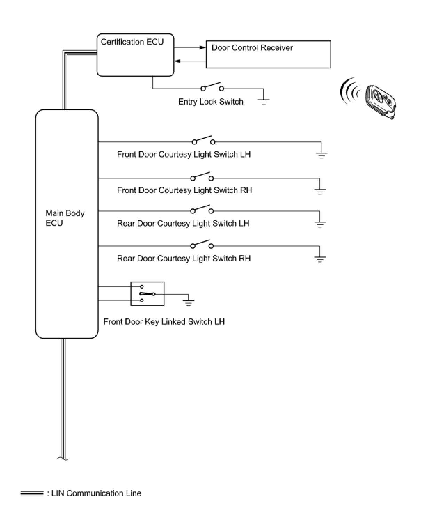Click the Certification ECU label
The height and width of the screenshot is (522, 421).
point(132,42)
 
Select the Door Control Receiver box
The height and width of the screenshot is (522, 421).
point(268,54)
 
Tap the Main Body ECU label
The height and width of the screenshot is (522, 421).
point(65,218)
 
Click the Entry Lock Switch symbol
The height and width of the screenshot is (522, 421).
point(212,87)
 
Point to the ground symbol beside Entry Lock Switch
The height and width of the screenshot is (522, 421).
point(263,101)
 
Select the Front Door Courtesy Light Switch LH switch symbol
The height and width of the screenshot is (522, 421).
point(204,140)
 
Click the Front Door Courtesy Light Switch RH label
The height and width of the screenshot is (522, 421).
point(184,190)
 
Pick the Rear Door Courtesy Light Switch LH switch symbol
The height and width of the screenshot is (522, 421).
point(202,209)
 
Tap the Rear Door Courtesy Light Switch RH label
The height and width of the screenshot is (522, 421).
point(184,258)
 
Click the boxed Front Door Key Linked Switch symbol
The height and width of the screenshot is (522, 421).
point(147,294)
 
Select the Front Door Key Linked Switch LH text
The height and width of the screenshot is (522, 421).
point(164,322)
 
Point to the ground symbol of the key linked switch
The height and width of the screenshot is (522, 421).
point(188,302)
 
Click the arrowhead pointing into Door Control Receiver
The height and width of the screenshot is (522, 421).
point(203,47)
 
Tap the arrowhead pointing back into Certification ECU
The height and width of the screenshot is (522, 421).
point(177,61)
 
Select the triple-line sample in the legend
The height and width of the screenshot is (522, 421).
point(32,493)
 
